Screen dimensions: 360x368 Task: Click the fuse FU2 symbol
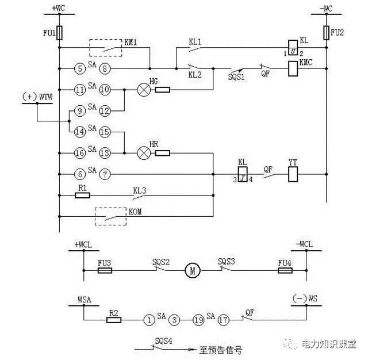(326, 33)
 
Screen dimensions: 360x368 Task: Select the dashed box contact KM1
(105, 48)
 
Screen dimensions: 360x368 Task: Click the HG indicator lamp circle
(144, 90)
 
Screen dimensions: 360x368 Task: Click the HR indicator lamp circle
(144, 153)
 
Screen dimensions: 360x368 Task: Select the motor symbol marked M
(190, 269)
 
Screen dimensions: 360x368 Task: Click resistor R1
(83, 195)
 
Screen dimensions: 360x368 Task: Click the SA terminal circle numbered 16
(81, 153)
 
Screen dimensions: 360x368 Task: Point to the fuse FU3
(105, 269)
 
